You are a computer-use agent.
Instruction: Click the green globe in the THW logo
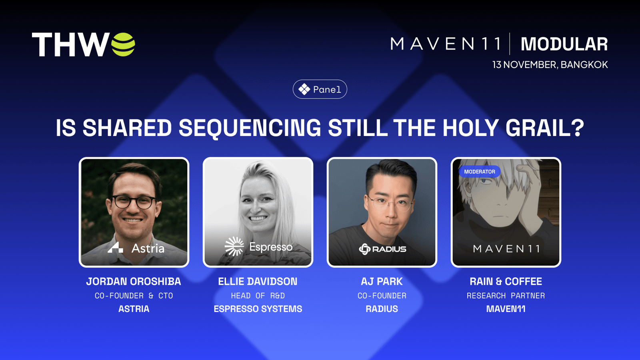point(123,44)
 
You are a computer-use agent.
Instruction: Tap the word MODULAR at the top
point(564,44)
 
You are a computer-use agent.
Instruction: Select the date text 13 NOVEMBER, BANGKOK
point(550,64)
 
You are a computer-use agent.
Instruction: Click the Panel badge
point(320,89)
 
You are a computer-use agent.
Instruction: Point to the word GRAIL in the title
point(540,128)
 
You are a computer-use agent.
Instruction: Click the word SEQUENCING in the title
point(250,128)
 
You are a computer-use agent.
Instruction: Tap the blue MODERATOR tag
point(480,172)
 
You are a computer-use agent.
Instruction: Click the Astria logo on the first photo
point(136,248)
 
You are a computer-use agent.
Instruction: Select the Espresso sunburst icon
point(234,246)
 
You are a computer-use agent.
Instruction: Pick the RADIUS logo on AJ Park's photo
point(382,249)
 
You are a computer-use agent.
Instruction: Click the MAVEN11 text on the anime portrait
point(506,249)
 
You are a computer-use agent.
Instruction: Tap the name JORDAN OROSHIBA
point(134,282)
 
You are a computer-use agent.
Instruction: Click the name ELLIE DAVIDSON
point(258,282)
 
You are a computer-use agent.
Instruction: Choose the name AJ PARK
point(382,282)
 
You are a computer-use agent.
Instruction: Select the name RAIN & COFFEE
point(506,282)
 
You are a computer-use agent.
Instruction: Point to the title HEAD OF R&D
point(258,296)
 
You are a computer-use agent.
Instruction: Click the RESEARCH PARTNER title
point(506,296)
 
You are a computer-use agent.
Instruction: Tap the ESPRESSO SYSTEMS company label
point(258,309)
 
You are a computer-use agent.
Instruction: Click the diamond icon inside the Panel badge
point(304,90)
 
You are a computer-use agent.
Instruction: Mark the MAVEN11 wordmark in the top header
point(446,44)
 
